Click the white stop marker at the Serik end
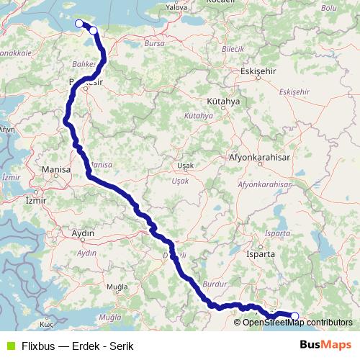coord(294,315)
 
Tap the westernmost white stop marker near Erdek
coord(79,24)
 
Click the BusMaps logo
coord(325,345)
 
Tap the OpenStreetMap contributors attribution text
coord(297,323)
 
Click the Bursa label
coord(155,44)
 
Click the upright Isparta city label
coord(261,254)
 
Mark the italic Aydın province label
coord(86,253)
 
